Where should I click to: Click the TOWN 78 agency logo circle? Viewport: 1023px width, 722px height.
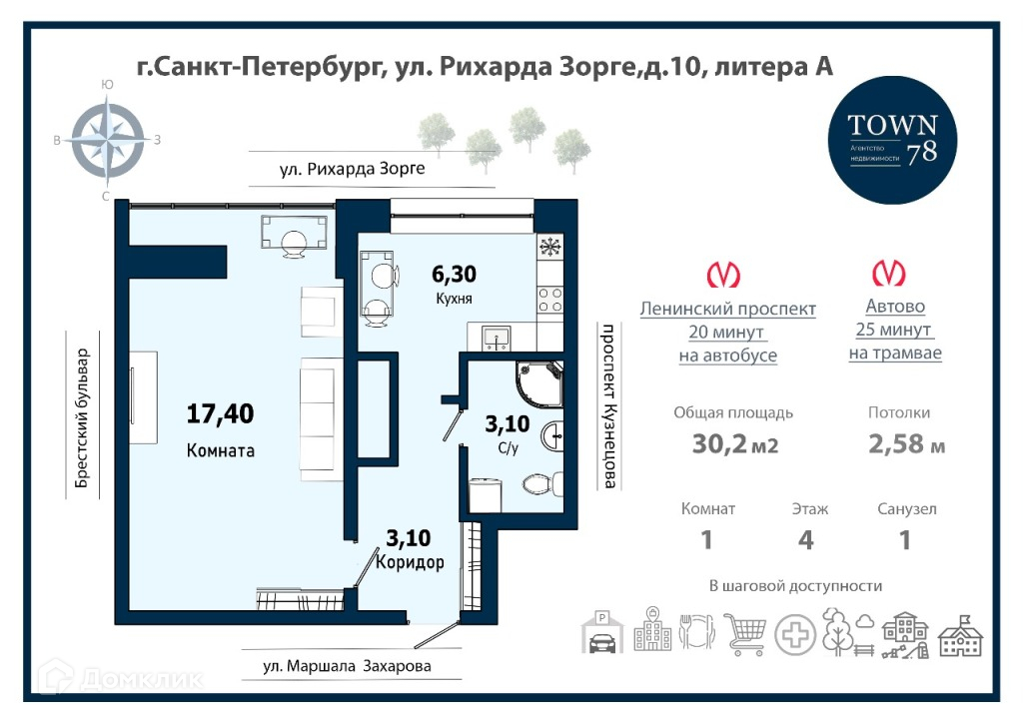pos(892,140)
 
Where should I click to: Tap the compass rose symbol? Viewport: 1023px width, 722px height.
pos(108,138)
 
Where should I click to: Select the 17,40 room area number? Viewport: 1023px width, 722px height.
pos(220,413)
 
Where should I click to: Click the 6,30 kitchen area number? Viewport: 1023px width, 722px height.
pos(455,274)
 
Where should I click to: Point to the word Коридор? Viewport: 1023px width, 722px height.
pos(410,561)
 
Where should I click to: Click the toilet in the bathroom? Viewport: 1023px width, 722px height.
pos(541,483)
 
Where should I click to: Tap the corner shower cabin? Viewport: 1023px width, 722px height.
pos(538,383)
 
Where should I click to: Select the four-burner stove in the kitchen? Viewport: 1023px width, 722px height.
pos(550,302)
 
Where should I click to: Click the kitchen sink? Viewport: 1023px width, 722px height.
pos(497,339)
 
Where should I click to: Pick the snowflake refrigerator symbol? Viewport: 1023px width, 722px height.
pos(550,247)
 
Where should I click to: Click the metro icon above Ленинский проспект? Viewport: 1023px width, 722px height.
pos(723,275)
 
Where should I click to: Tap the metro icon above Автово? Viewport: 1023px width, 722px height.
pos(889,273)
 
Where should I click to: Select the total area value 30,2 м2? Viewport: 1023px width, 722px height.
pos(734,444)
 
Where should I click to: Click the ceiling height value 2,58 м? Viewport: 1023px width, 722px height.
pos(906,444)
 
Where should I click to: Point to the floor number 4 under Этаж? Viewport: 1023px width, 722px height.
pos(806,540)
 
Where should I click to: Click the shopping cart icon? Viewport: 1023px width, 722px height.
pos(745,633)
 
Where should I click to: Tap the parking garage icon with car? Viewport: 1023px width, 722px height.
pos(601,633)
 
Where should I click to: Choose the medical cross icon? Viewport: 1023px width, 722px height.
pos(795,634)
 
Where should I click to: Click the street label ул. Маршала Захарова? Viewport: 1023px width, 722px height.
pos(347,666)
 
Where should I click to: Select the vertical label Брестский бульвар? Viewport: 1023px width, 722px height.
pos(82,418)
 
